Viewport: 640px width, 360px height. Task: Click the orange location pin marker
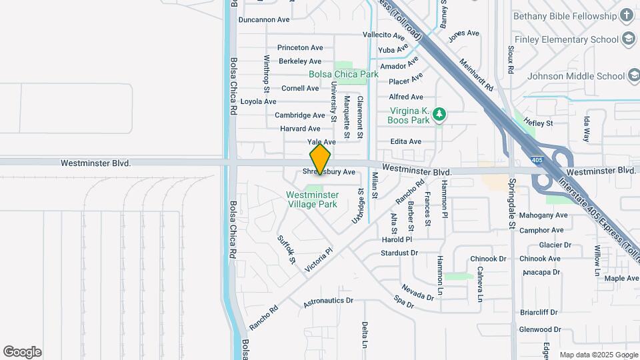[x=320, y=160]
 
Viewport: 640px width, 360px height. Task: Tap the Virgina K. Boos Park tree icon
[x=439, y=115]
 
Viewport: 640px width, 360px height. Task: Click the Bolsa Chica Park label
[x=343, y=75]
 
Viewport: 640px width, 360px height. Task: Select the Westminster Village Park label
[x=312, y=199]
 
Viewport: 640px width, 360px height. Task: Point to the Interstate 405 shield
[x=537, y=160]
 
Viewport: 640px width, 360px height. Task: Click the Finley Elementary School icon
[x=627, y=39]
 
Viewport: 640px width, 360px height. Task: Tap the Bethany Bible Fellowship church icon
[x=627, y=15]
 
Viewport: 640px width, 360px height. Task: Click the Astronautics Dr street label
[x=328, y=301]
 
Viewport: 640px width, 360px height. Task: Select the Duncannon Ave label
[x=264, y=20]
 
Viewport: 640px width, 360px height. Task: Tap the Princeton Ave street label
[x=300, y=47]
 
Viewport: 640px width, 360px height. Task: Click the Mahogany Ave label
[x=543, y=215]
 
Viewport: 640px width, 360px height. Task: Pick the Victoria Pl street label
[x=318, y=260]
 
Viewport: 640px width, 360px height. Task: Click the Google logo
[x=22, y=351]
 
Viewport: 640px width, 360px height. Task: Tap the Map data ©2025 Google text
[x=598, y=355]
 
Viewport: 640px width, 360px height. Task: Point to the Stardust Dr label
[x=399, y=253]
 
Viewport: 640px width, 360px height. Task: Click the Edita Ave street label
[x=406, y=142]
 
